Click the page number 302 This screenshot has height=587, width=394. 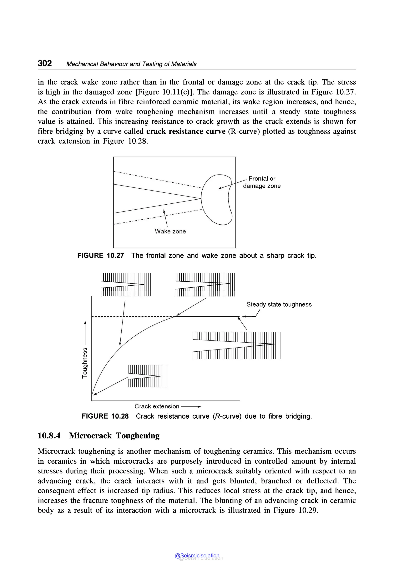(x=45, y=63)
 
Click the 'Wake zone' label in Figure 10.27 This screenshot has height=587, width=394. (x=170, y=231)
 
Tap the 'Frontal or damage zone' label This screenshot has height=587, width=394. (x=262, y=182)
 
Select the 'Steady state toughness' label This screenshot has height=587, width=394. (x=279, y=304)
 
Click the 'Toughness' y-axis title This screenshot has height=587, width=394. (x=85, y=363)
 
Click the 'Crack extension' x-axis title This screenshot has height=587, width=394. (x=157, y=406)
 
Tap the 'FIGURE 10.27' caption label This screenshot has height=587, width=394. (x=100, y=256)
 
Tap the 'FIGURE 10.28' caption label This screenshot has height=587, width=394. (x=105, y=416)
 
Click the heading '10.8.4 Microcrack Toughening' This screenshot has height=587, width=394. (x=98, y=436)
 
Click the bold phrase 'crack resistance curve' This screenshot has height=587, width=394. (x=186, y=131)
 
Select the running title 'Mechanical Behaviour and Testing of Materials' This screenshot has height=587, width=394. (x=131, y=64)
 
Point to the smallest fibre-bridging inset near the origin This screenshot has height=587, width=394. (x=148, y=376)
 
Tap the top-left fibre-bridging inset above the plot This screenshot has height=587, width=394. (x=126, y=285)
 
